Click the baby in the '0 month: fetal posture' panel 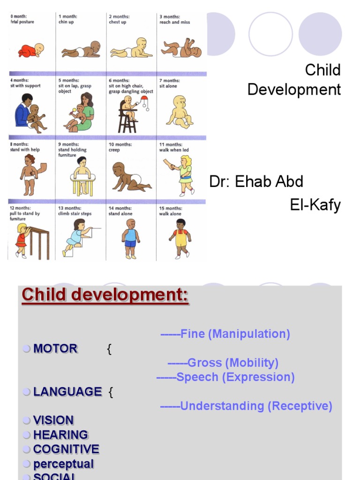click(31, 51)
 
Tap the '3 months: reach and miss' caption click(174, 19)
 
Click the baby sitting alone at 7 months click(180, 112)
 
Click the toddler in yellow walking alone click(180, 238)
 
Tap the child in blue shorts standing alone click(130, 239)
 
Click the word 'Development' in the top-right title click(294, 89)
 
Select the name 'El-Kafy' click(315, 205)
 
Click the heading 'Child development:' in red click(105, 295)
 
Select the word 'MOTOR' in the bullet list click(55, 349)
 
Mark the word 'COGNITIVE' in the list click(66, 450)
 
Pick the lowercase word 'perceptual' click(63, 464)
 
